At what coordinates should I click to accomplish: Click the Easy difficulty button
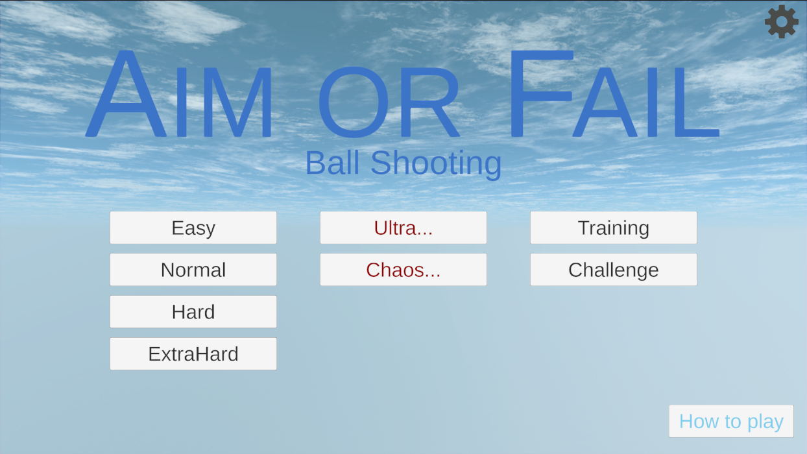[193, 228]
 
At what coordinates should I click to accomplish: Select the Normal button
[193, 270]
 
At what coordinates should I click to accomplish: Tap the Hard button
[193, 312]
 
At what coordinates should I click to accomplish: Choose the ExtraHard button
[193, 354]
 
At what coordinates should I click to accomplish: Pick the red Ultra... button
[403, 228]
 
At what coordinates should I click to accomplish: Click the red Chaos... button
[403, 270]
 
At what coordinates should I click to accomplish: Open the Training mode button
[613, 228]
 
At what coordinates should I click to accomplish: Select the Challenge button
[613, 270]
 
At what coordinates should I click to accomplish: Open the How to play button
[731, 422]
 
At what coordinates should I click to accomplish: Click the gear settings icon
[782, 22]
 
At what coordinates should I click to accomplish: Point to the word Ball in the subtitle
[333, 163]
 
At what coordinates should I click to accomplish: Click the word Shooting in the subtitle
[436, 163]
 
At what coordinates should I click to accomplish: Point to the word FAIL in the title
[613, 97]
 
